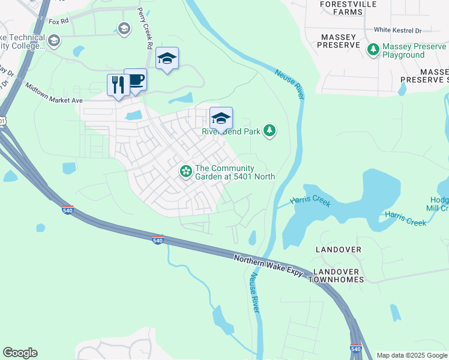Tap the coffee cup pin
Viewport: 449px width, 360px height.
tap(136, 80)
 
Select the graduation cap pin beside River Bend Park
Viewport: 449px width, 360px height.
tap(221, 118)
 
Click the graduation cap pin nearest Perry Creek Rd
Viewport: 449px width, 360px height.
tap(167, 59)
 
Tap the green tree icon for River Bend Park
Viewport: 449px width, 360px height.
tap(270, 130)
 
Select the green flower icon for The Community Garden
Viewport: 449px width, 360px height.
tap(186, 172)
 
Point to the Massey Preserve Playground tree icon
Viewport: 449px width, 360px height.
tap(374, 50)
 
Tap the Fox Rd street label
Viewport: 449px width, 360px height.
tap(59, 22)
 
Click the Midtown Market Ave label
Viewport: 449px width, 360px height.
tap(53, 93)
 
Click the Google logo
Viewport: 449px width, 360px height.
tap(20, 353)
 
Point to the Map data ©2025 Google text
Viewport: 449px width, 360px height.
tap(412, 355)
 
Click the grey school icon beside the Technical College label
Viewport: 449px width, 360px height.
tap(55, 41)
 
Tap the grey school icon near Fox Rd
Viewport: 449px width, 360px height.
tap(124, 28)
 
